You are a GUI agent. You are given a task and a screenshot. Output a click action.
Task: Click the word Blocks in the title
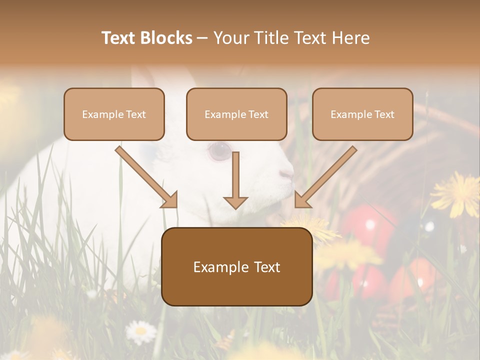pyautogui.click(x=167, y=38)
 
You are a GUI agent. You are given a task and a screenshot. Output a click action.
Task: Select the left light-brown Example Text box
pyautogui.click(x=114, y=114)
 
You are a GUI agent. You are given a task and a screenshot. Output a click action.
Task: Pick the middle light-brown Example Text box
pyautogui.click(x=236, y=114)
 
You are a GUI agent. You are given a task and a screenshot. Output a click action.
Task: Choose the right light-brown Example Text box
pyautogui.click(x=362, y=114)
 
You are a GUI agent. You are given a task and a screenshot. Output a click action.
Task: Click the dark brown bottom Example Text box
pyautogui.click(x=236, y=267)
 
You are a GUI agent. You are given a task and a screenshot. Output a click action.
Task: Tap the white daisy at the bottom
pyautogui.click(x=140, y=330)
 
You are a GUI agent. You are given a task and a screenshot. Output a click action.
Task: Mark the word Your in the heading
pyautogui.click(x=230, y=38)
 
